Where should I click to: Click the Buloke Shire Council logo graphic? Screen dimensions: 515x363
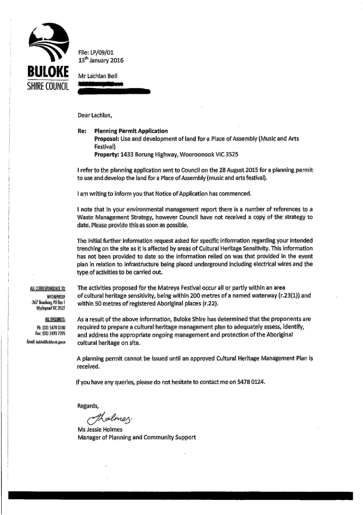[x=49, y=45]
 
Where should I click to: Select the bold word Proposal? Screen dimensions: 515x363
[x=109, y=140]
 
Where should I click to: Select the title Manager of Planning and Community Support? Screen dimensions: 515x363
[x=136, y=438]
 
